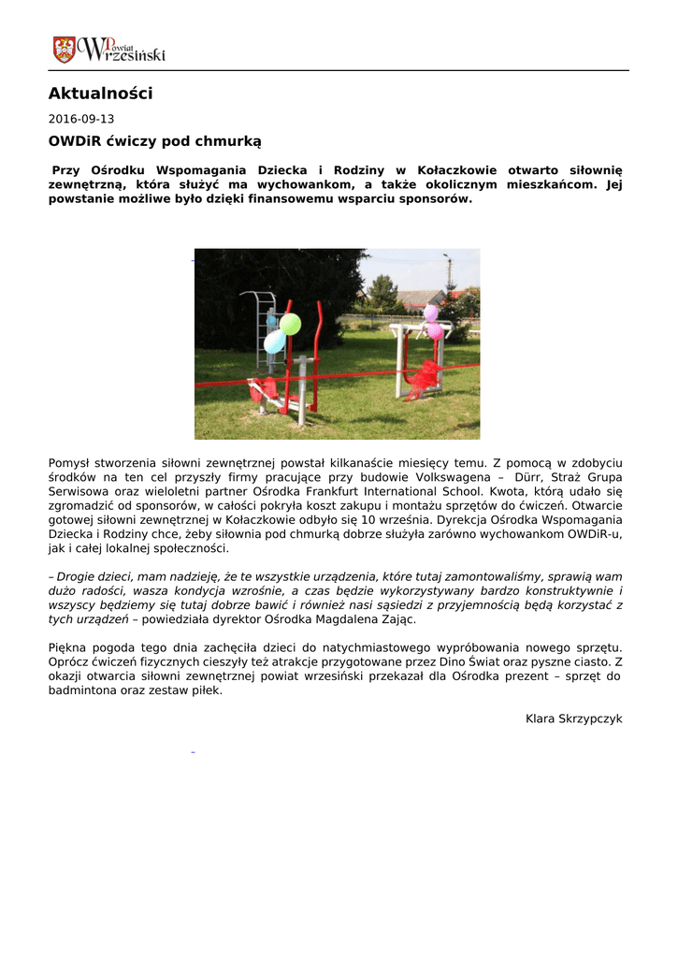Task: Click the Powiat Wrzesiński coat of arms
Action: (64, 49)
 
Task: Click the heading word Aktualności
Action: (100, 94)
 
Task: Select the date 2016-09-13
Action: (81, 120)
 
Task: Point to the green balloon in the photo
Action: (291, 324)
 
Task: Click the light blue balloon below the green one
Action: (274, 342)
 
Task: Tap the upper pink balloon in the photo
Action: (430, 313)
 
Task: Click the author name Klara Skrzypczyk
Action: (573, 718)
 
